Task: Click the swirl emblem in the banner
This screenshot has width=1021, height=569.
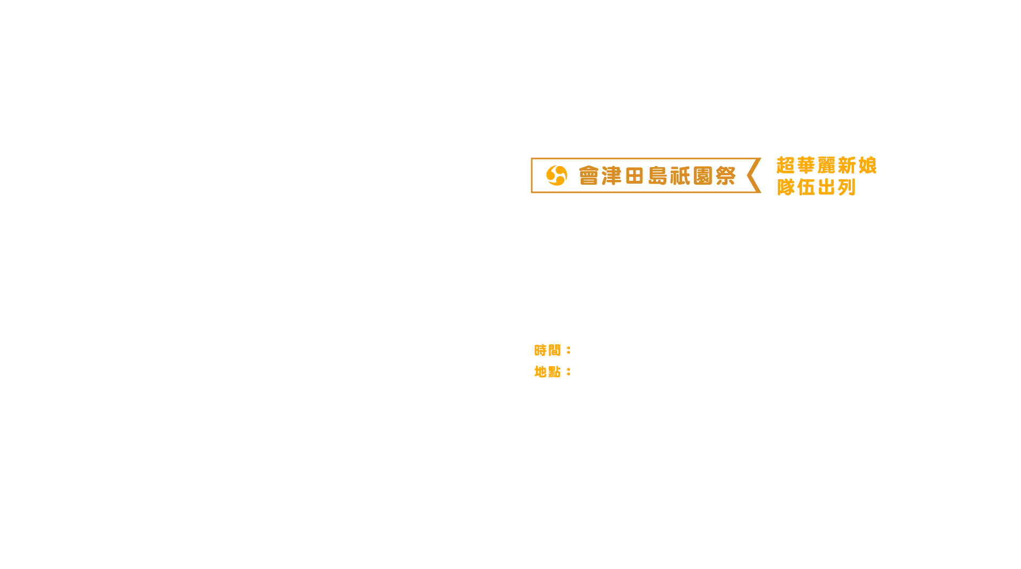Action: pyautogui.click(x=557, y=176)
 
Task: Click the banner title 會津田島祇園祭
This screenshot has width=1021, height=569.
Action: pyautogui.click(x=657, y=176)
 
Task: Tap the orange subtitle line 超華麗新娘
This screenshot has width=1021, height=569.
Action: pyautogui.click(x=826, y=165)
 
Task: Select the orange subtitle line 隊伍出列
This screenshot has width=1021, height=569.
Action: pyautogui.click(x=816, y=187)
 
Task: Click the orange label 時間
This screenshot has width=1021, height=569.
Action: pyautogui.click(x=547, y=350)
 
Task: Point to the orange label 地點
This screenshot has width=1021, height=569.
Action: pyautogui.click(x=547, y=372)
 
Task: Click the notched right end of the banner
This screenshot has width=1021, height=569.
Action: pyautogui.click(x=754, y=176)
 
